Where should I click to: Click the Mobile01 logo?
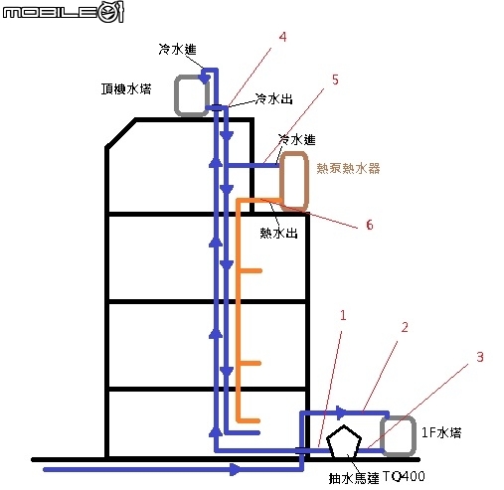(x=64, y=12)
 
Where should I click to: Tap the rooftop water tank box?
(x=175, y=96)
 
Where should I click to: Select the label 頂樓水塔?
(x=126, y=89)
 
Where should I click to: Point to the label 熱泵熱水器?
(x=348, y=168)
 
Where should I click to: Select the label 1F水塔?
(x=441, y=433)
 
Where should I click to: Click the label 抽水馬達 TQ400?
(x=377, y=477)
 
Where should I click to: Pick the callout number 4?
(x=282, y=37)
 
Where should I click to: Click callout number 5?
(x=335, y=80)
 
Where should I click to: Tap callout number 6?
(x=370, y=225)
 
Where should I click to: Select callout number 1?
(x=343, y=315)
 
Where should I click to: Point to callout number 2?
(x=405, y=327)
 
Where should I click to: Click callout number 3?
(x=480, y=357)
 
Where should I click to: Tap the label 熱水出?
(x=278, y=234)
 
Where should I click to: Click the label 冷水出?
(x=273, y=98)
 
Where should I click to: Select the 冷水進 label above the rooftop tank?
(x=178, y=50)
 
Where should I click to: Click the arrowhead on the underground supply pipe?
(x=236, y=469)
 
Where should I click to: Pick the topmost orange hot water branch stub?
(x=251, y=271)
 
